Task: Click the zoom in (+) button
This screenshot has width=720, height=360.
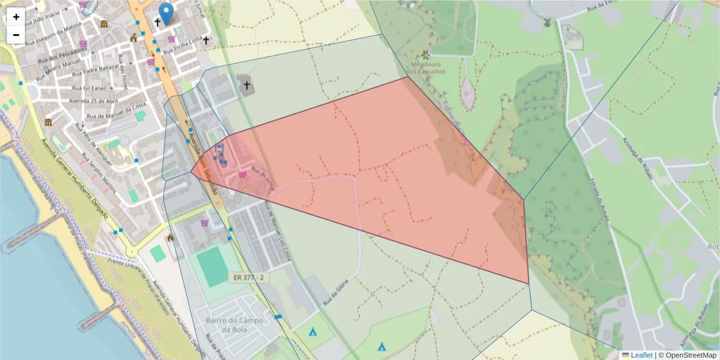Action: [16, 17]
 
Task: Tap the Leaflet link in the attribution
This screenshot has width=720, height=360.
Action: [641, 355]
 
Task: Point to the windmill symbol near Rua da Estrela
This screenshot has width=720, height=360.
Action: [547, 22]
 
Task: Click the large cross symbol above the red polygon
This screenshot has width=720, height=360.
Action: [245, 85]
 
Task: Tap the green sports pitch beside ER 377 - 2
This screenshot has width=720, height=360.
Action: [211, 268]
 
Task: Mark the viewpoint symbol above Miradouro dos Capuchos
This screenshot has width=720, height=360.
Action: [425, 55]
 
